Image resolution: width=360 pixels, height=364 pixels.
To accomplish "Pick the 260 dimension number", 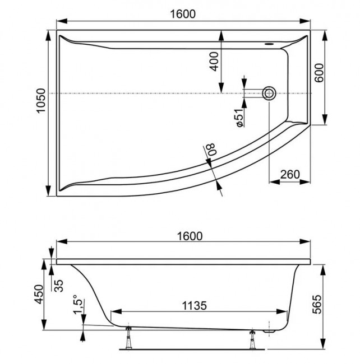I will (289, 174).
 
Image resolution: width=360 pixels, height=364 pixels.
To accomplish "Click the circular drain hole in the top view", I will (270, 94).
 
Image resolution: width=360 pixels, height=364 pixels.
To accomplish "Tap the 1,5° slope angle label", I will (79, 307).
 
